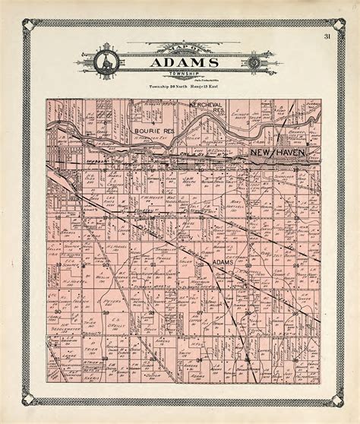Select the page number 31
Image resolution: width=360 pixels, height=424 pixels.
[327, 36]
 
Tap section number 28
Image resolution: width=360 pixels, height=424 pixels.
[152, 312]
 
